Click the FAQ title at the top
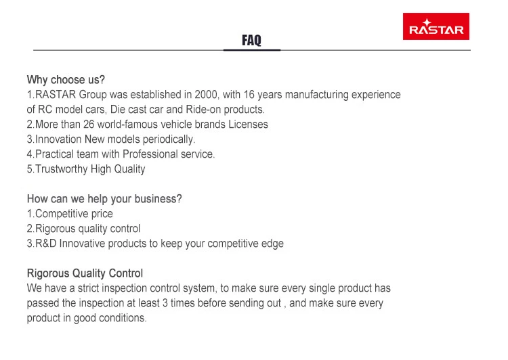click(x=251, y=40)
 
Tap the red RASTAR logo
click(x=436, y=26)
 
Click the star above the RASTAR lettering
click(x=427, y=22)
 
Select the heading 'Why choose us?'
click(x=66, y=80)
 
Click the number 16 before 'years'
click(x=249, y=95)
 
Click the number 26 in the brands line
click(x=89, y=125)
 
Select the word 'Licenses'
click(x=248, y=125)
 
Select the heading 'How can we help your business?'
click(x=104, y=199)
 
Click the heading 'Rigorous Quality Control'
click(x=85, y=273)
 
